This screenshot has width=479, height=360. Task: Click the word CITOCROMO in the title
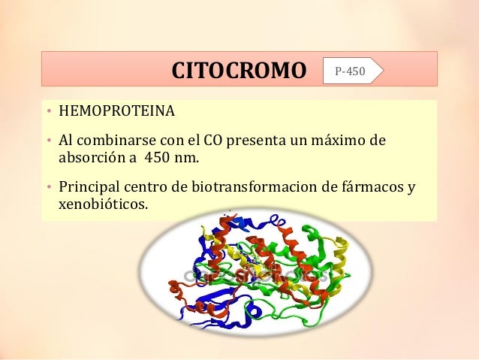[239, 72]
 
